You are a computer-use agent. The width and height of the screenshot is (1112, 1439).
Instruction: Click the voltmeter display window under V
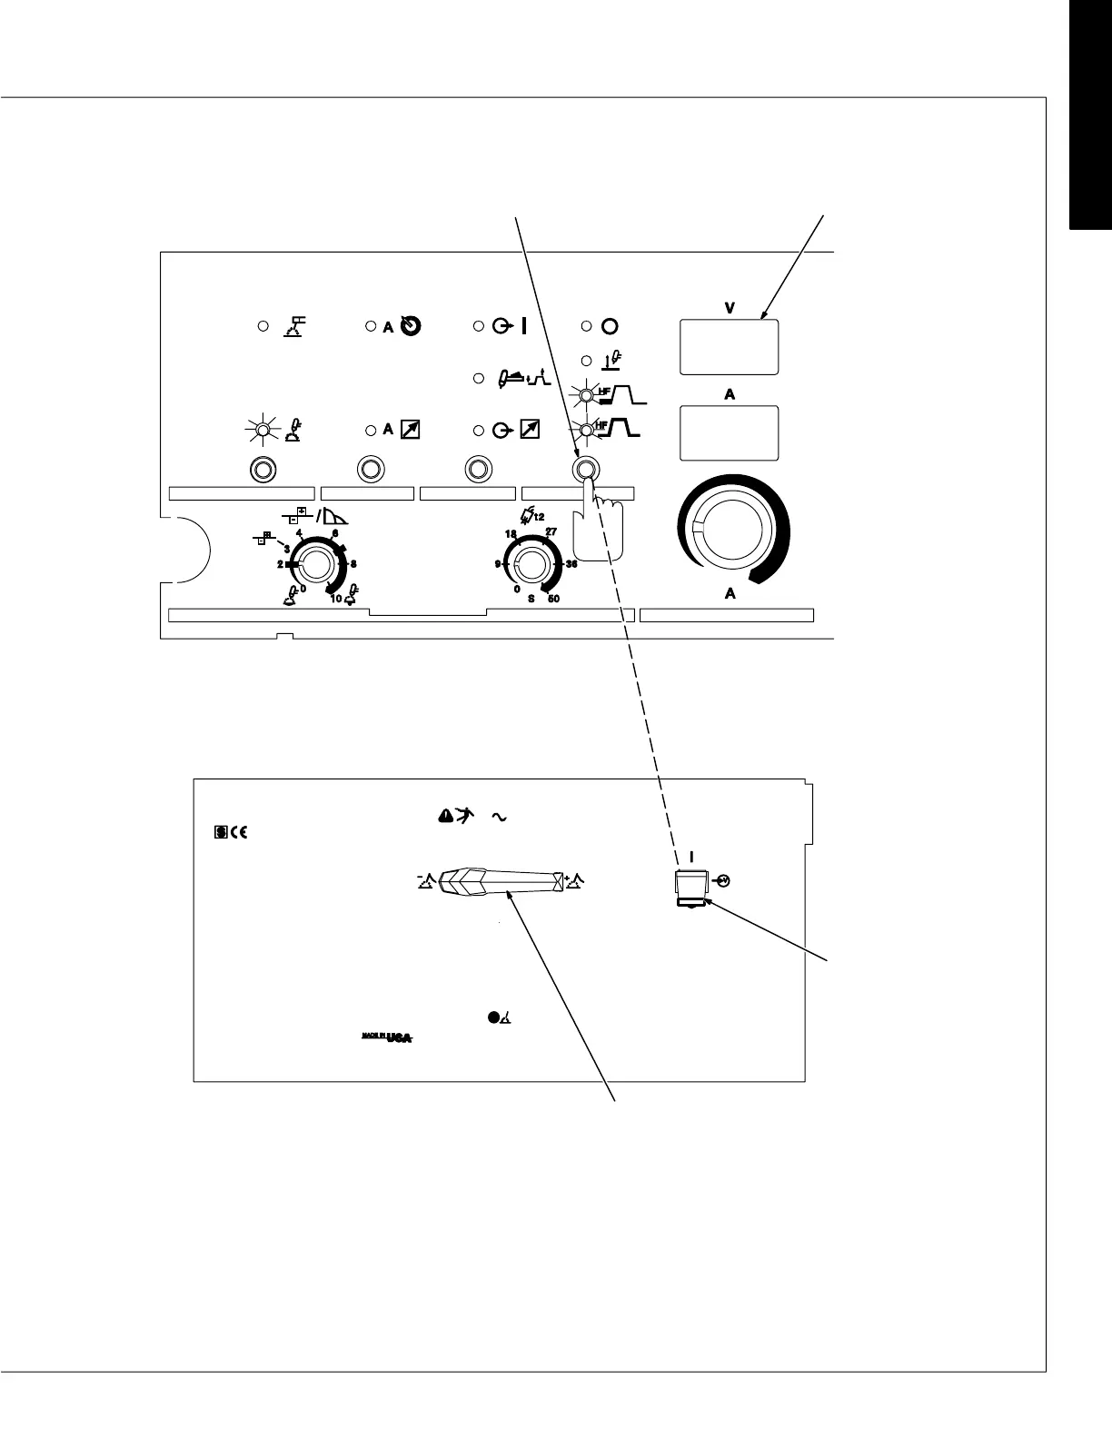pyautogui.click(x=729, y=346)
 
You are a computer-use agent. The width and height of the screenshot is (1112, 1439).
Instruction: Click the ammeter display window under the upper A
pyautogui.click(x=729, y=432)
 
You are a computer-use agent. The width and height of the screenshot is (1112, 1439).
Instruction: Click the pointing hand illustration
pyautogui.click(x=598, y=527)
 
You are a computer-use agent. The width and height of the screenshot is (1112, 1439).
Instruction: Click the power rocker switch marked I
pyautogui.click(x=690, y=885)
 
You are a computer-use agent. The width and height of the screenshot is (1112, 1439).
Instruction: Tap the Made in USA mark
pyautogui.click(x=382, y=1037)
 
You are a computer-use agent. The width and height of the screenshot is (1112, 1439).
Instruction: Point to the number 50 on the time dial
pyautogui.click(x=554, y=600)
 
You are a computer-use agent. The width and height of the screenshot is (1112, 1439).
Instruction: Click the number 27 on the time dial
pyautogui.click(x=551, y=532)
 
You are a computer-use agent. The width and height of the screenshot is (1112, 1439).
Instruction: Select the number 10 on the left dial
pyautogui.click(x=335, y=599)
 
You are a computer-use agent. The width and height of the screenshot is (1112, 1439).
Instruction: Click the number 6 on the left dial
pyautogui.click(x=335, y=533)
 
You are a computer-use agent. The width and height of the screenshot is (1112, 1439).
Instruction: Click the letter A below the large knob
pyautogui.click(x=729, y=594)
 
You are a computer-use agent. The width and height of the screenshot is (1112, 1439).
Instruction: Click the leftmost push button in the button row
pyautogui.click(x=262, y=470)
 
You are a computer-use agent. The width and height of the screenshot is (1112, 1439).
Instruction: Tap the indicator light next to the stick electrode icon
pyautogui.click(x=262, y=325)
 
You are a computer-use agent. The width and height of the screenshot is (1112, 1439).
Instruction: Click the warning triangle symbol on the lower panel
pyautogui.click(x=444, y=817)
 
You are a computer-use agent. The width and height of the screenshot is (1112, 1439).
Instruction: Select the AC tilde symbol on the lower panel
pyautogui.click(x=497, y=818)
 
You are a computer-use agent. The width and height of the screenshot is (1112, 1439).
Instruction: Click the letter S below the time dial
pyautogui.click(x=531, y=600)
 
